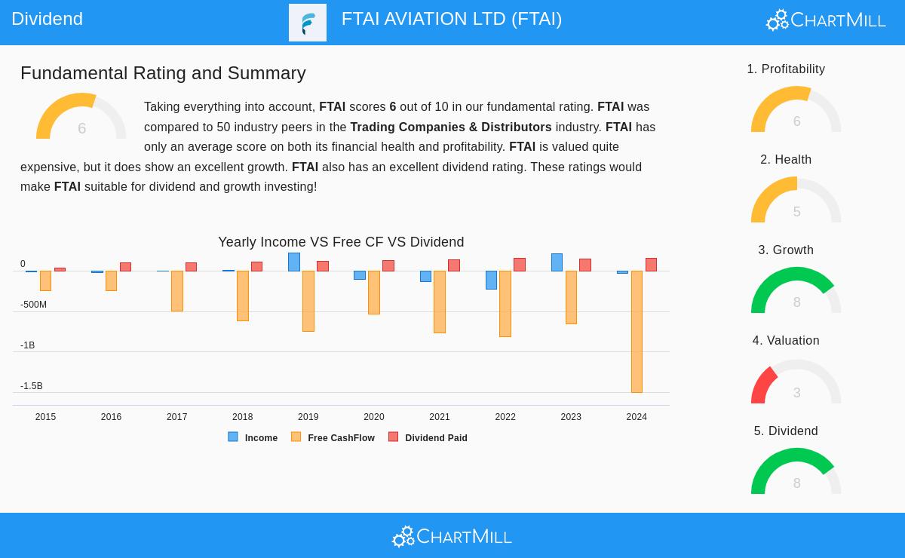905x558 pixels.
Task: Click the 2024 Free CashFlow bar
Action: (x=637, y=332)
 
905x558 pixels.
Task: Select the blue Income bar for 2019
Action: (x=294, y=262)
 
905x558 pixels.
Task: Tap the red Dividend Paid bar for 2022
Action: (x=520, y=265)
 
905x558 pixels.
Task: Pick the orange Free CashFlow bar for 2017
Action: (x=177, y=291)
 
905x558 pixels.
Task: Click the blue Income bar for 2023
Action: (x=557, y=262)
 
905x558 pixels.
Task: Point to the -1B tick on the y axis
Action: (x=28, y=345)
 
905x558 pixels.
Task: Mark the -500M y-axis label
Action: (x=33, y=305)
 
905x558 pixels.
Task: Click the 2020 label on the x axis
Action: (x=374, y=417)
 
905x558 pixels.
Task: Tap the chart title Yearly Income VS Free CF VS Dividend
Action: (x=341, y=242)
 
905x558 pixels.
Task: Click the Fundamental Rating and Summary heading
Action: (x=163, y=73)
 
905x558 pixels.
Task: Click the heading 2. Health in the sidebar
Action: (x=786, y=160)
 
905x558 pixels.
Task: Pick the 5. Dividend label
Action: (x=786, y=431)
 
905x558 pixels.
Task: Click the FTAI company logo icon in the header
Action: (x=308, y=23)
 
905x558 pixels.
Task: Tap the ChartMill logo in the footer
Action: (x=452, y=536)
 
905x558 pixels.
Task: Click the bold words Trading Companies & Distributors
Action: (x=450, y=127)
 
